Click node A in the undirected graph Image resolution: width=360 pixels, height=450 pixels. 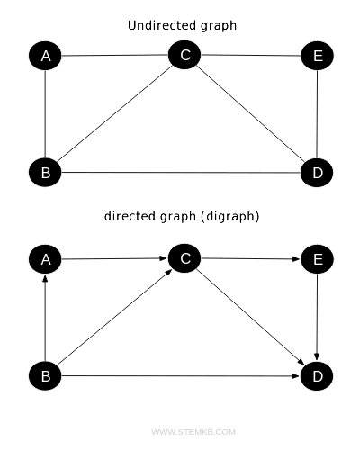[45, 57]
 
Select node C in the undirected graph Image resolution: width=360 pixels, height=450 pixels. [184, 56]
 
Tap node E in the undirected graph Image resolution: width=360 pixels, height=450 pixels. [317, 56]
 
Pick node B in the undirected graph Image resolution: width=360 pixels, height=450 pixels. [45, 172]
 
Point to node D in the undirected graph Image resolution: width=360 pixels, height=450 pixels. [317, 172]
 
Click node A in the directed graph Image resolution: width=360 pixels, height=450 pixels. [45, 260]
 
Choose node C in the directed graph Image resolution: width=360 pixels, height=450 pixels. [184, 259]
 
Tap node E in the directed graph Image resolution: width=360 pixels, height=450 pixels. [317, 260]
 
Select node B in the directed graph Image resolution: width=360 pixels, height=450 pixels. [45, 375]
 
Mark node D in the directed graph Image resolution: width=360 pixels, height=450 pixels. [317, 375]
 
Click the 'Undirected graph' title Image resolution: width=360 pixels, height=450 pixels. [183, 25]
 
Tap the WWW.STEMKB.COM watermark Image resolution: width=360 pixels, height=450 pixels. [193, 432]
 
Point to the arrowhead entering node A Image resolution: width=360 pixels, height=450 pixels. [45, 280]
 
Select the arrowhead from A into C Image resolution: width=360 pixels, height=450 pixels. [164, 259]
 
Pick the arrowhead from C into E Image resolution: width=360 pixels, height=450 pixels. [296, 260]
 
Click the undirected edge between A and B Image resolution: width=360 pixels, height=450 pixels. [45, 114]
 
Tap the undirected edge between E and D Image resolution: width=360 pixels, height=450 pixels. [317, 114]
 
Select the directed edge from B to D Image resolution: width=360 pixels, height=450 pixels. [180, 375]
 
